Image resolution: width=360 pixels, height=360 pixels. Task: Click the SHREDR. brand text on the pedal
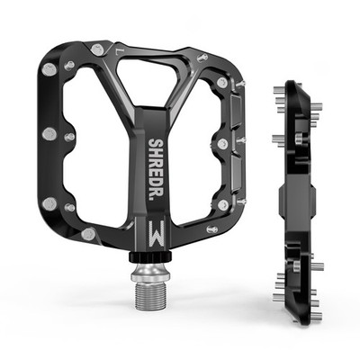coord(157,167)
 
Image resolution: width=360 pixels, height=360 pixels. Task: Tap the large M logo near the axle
coord(157,234)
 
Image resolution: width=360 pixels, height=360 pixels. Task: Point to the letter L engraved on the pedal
coord(118,49)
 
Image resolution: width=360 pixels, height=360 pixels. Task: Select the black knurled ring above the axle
coord(150,256)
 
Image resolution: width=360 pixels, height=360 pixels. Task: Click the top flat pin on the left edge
coord(49,69)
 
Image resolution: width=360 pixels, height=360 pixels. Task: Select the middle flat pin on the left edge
coord(49,134)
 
